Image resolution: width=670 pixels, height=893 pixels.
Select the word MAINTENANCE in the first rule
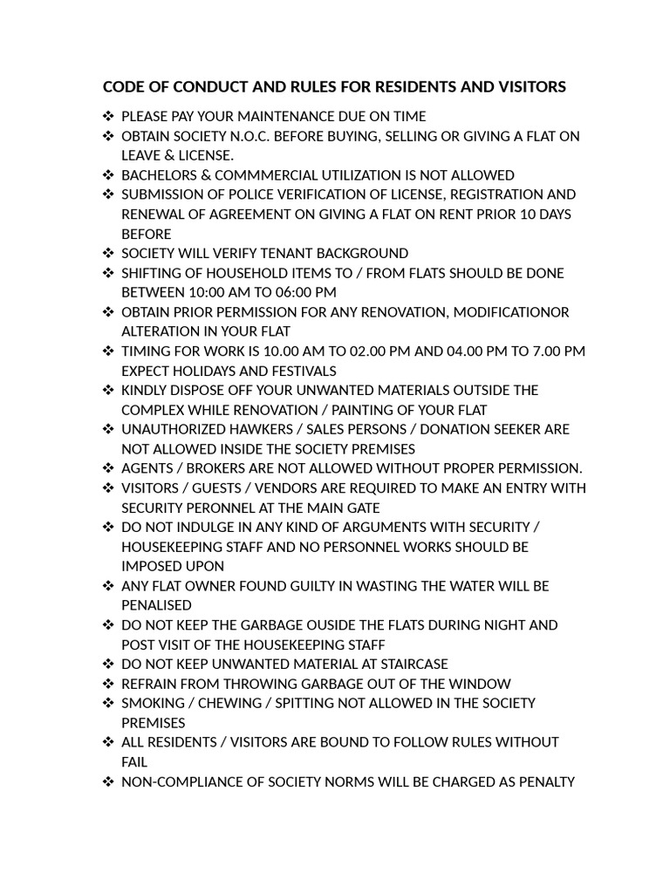point(284,116)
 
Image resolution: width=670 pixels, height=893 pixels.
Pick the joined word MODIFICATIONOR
point(509,312)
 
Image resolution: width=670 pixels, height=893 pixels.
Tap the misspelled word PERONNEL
point(215,508)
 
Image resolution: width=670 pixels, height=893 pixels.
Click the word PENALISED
point(156,605)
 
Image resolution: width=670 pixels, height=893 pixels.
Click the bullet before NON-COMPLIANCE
point(108,781)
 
